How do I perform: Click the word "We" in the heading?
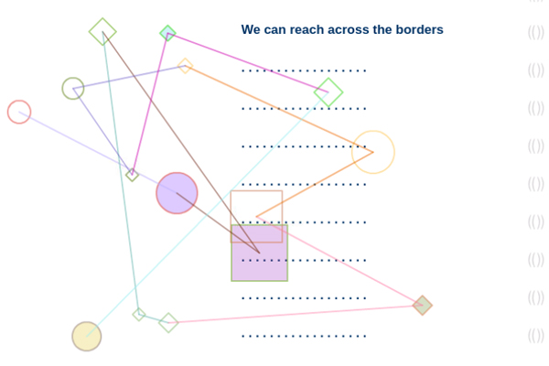pos(252,30)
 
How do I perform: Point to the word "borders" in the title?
pos(418,30)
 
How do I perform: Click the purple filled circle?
pos(177,193)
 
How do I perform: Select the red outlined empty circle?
pos(19,112)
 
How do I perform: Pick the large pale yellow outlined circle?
pos(373,152)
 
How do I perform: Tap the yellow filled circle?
pos(87,336)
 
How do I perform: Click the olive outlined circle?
pos(73,89)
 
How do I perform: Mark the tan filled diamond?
pos(422,305)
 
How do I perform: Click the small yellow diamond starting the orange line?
pos(185,66)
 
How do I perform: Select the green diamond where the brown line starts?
pos(102,32)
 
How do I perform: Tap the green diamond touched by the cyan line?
pos(328,92)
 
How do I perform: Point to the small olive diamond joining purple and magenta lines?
pos(133,174)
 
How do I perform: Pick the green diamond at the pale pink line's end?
pos(168,322)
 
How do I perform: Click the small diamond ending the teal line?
pos(139,314)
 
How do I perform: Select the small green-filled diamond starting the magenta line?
pos(167,34)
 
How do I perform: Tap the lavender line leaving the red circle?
pos(82,145)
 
